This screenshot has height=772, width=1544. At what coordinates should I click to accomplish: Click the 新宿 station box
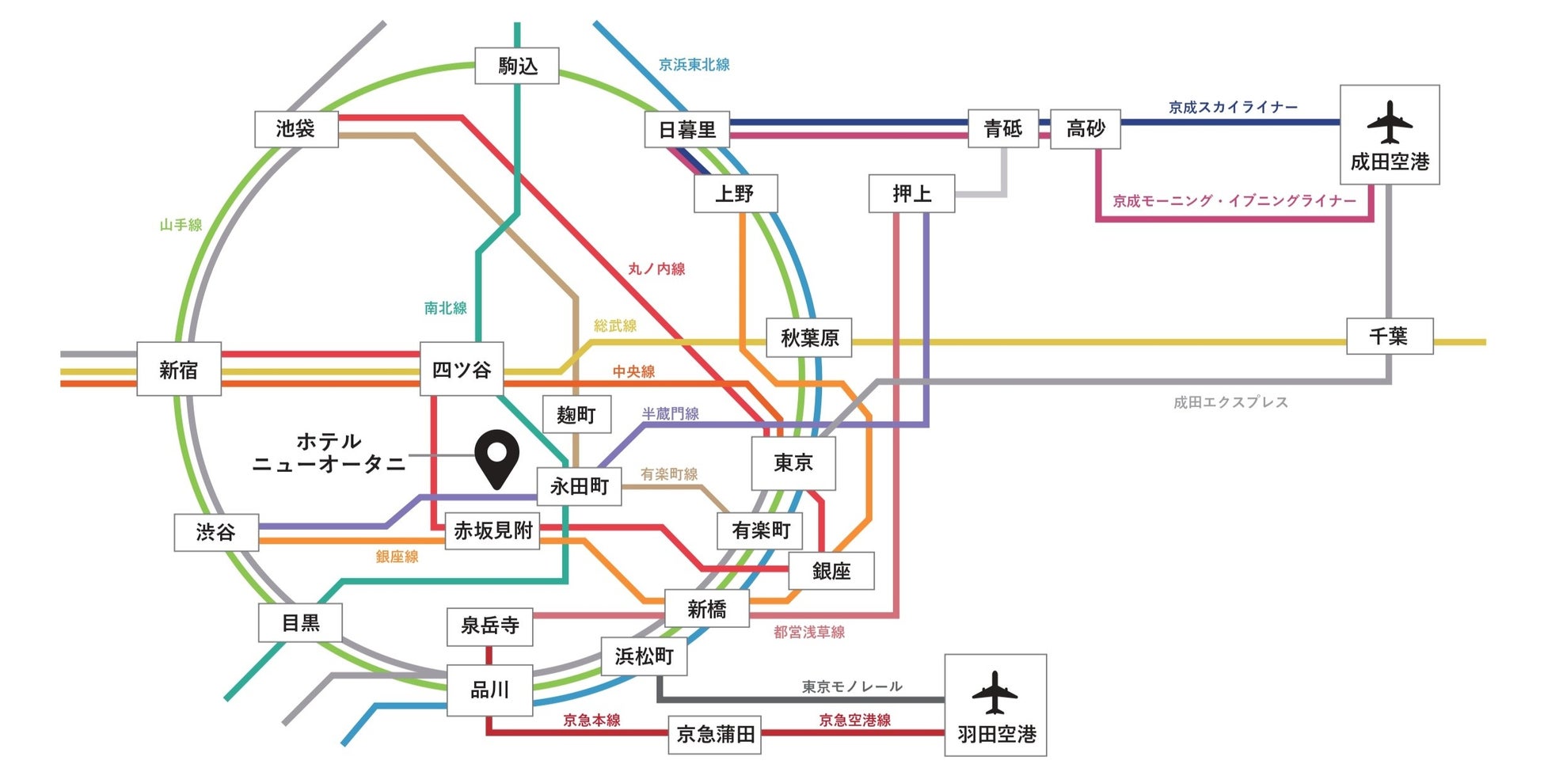pos(179,369)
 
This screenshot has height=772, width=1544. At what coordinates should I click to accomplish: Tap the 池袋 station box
pos(296,129)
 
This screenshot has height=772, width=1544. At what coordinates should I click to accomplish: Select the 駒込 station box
pos(517,66)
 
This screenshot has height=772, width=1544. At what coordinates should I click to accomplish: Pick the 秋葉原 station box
pos(809,338)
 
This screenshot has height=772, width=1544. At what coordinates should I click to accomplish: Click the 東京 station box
pos(793,462)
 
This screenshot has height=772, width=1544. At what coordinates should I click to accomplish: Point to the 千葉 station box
pos(1390,337)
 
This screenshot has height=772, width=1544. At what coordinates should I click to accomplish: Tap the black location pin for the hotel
pos(496,458)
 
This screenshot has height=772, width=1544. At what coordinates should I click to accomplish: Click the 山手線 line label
pos(181,225)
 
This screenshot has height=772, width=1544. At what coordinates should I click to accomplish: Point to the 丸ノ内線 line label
pos(656,269)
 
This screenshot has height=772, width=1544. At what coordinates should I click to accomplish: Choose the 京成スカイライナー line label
pos(1233,107)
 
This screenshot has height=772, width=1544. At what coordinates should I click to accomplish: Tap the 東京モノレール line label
pos(852,686)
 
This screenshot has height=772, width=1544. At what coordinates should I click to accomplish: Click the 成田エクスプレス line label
pos(1230,402)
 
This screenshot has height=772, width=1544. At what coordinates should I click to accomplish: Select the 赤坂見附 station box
pos(492,531)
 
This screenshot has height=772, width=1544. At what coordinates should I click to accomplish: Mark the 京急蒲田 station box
pos(715,735)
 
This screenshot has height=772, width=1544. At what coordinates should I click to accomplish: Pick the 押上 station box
pos(911,194)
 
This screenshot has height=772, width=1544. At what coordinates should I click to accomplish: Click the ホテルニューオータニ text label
pos(329,453)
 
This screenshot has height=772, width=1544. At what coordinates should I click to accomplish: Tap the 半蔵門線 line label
pos(670,413)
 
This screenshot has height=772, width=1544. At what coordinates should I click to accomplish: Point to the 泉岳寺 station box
pos(489,626)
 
